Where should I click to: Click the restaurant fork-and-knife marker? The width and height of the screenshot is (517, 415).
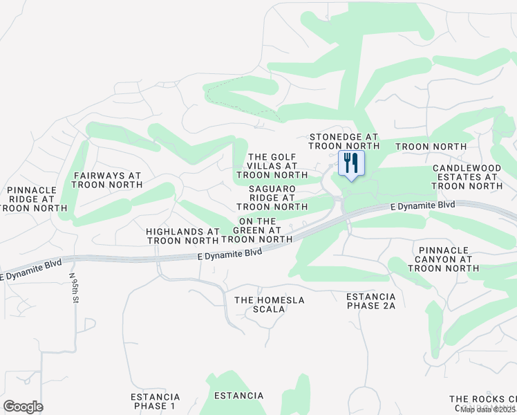coord(351,165)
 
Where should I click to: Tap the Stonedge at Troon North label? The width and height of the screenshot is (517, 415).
coord(344,142)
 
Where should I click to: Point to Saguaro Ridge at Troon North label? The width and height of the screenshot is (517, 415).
coord(272,197)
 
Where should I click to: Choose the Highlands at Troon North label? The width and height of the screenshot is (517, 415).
coord(182,236)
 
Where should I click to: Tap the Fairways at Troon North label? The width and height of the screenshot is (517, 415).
coord(106,181)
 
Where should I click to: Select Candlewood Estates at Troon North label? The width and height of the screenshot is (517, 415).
coord(467,176)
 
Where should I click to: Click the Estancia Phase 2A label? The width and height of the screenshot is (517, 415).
coord(370,301)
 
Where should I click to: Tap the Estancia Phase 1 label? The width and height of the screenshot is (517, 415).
coord(155,401)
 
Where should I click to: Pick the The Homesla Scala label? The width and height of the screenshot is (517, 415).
coord(270,304)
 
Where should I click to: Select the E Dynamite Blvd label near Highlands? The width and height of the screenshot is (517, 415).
coord(229,254)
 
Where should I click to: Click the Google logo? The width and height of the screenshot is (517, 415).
coord(23,406)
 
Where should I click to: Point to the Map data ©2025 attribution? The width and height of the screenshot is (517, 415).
coord(487,409)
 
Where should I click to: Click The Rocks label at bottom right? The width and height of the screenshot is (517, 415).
coord(482,399)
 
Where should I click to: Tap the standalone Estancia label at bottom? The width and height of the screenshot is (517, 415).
coord(238,396)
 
